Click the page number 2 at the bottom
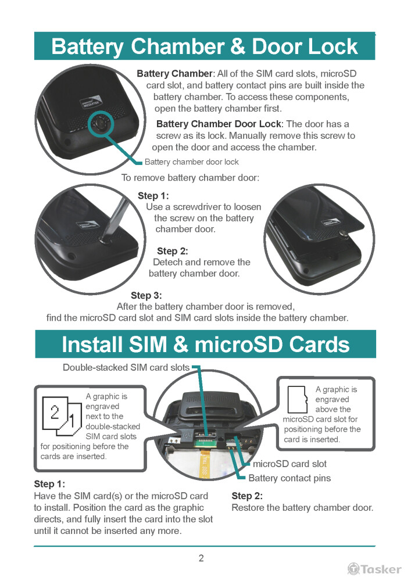(201, 558)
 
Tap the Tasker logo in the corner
(374, 569)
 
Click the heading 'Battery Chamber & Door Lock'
(204, 46)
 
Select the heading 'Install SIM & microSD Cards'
(206, 344)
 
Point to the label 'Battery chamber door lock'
(192, 162)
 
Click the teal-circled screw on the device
(101, 123)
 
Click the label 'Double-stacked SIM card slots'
(126, 368)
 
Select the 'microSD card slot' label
(290, 464)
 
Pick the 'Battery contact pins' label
(290, 478)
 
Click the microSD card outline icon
(298, 400)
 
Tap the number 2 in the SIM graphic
(55, 412)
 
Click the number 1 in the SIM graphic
(72, 421)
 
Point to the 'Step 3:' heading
(146, 295)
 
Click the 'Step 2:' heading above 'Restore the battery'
(247, 496)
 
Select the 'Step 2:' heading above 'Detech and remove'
(172, 251)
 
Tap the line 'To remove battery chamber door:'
(191, 178)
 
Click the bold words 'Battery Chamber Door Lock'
(220, 124)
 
